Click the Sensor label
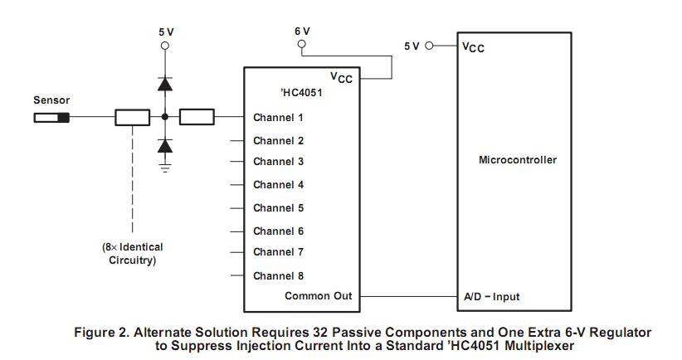pos(51,100)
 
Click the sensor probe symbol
pos(51,117)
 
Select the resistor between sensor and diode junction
pos(133,117)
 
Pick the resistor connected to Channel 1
pos(197,117)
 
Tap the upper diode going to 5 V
pos(165,83)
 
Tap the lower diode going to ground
pos(165,147)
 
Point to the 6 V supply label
pos(302,30)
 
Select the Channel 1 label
pos(278,118)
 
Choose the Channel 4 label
pos(278,185)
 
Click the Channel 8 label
pos(278,275)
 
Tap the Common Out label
pos(318,296)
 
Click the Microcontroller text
pos(518,160)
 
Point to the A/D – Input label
pos(491,296)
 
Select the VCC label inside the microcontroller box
pos(473,47)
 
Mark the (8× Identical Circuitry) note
pos(133,253)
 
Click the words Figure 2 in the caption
pos(100,332)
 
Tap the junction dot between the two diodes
pos(165,117)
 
